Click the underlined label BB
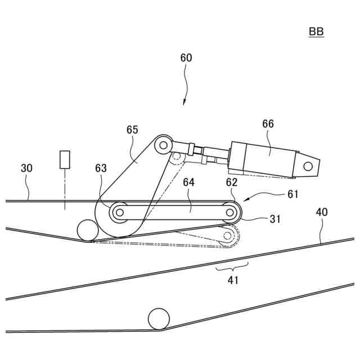point(316,32)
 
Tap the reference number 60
point(186,58)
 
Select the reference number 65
point(132,130)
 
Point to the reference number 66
point(268,124)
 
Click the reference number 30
point(27,168)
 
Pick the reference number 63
point(101,168)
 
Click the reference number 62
point(232,182)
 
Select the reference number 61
point(293,194)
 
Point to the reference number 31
point(274,219)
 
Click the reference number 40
point(321,212)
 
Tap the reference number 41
point(233,280)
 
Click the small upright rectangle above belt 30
point(65,160)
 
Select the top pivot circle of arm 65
point(163,145)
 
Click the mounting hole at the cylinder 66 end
point(308,166)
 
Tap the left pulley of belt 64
point(119,212)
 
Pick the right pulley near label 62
point(230,212)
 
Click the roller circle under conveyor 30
point(87,230)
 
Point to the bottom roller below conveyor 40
point(159,318)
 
